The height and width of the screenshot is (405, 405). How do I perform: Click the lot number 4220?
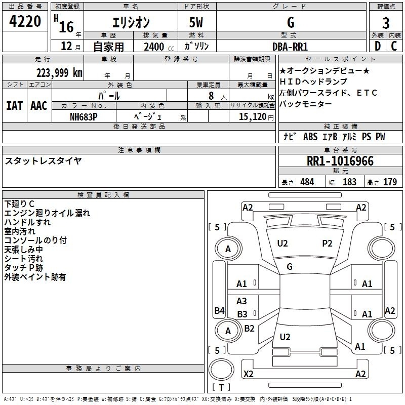click(x=25, y=21)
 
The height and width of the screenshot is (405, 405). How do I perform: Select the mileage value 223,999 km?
click(x=59, y=73)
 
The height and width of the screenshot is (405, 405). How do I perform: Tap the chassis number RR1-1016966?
click(x=340, y=161)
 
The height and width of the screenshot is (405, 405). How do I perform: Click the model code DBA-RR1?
click(x=290, y=47)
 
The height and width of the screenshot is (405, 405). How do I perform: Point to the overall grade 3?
click(x=386, y=23)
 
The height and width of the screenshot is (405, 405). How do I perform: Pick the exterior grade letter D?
click(x=378, y=46)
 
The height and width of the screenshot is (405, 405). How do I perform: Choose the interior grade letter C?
click(x=394, y=46)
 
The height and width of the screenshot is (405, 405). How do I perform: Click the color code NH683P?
click(x=84, y=117)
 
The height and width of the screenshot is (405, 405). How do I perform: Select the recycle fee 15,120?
click(x=253, y=117)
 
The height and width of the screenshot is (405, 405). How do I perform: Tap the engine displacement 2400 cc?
click(x=159, y=47)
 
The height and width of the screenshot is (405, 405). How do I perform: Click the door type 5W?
click(x=196, y=22)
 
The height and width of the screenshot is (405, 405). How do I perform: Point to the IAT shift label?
click(x=14, y=106)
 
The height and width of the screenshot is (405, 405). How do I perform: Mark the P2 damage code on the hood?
click(x=327, y=244)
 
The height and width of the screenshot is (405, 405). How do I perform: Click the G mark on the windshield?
click(x=290, y=267)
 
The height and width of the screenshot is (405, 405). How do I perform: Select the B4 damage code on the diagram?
click(x=220, y=310)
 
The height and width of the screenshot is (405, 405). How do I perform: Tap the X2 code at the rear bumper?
click(x=248, y=374)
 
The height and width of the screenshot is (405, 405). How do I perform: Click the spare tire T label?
click(x=221, y=387)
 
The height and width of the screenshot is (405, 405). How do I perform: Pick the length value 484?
click(x=307, y=182)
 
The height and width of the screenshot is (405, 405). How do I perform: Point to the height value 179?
click(x=390, y=182)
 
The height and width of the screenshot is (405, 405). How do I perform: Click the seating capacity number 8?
click(x=211, y=96)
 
